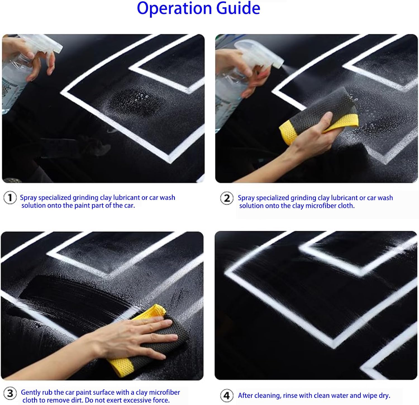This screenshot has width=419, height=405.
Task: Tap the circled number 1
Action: click(x=10, y=198)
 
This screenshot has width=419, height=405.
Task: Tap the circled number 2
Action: click(x=227, y=198)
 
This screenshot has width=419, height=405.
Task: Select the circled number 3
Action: click(x=10, y=394)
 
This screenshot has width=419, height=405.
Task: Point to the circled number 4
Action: click(x=227, y=396)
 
